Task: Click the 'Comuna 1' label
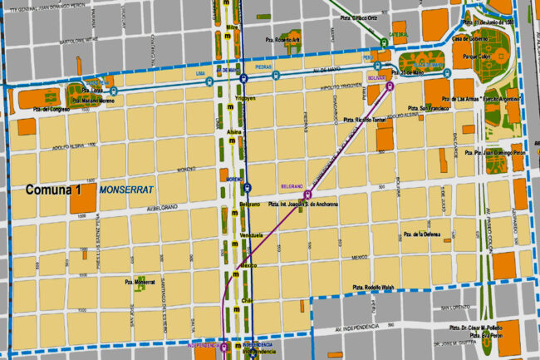53,190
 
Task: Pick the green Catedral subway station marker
384,42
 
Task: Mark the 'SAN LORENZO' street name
455,307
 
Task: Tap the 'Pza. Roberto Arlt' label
292,39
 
